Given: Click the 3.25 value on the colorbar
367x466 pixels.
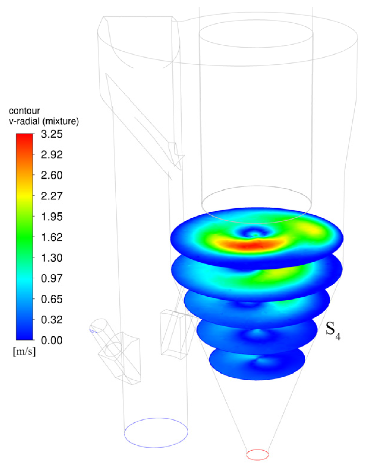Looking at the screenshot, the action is pos(52,134).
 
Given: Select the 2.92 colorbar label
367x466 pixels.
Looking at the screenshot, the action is pos(52,155).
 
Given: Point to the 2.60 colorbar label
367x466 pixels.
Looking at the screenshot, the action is pos(52,175).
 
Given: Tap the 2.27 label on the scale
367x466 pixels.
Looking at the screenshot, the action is pos(52,196).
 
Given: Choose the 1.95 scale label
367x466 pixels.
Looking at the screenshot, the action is pos(52,217).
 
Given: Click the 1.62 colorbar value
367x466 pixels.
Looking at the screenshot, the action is pos(52,237).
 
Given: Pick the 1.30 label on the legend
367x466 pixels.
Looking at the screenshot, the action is pos(52,258).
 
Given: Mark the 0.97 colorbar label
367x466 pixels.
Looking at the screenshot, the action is pos(52,278).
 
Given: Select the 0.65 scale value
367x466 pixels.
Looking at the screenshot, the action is pos(52,299).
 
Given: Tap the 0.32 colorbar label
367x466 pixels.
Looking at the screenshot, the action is pos(52,319).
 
